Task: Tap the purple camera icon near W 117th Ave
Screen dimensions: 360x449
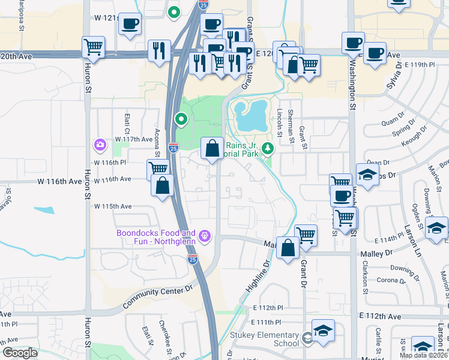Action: click(99, 144)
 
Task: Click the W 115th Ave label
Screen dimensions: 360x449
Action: click(112, 206)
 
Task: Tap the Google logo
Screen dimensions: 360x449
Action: click(20, 353)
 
